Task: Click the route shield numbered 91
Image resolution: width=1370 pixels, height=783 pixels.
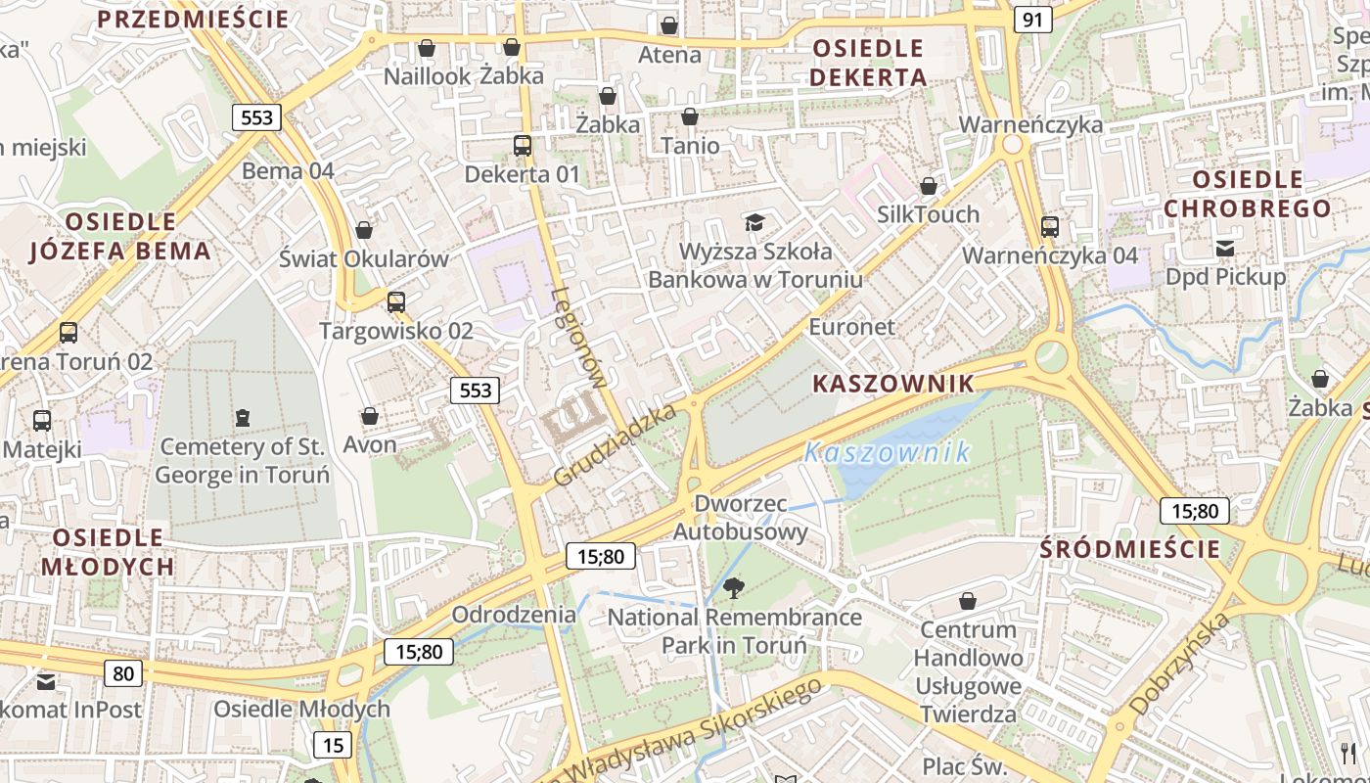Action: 1033,20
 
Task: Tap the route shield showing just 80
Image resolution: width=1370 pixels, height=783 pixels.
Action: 122,672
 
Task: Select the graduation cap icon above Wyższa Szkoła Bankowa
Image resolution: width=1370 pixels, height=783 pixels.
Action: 753,222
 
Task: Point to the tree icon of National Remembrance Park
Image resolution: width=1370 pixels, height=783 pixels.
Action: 733,588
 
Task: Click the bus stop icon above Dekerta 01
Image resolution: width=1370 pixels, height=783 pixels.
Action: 523,146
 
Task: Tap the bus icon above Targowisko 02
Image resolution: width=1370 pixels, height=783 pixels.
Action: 396,301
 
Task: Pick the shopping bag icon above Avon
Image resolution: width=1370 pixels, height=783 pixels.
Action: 370,416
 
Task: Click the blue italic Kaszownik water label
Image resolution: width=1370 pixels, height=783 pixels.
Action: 888,451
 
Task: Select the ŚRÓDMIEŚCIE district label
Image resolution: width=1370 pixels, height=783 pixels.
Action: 1130,549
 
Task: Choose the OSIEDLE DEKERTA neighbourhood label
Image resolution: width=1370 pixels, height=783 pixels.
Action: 868,63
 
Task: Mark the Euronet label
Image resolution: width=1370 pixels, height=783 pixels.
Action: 851,327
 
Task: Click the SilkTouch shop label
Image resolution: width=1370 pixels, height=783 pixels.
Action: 928,214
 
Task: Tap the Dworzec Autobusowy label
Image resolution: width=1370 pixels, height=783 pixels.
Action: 741,518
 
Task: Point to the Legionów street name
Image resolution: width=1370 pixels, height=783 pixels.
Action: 580,338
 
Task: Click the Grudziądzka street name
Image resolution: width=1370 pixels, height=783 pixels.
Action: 615,445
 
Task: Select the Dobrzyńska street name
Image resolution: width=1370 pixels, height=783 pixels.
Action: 1178,664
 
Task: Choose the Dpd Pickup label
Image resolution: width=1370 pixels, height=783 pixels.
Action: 1225,277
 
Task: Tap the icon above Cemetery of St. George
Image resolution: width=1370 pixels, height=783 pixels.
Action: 242,418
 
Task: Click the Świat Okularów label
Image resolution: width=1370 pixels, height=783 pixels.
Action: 364,259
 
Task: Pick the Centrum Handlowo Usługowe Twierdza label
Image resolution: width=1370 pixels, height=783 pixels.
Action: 968,671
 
